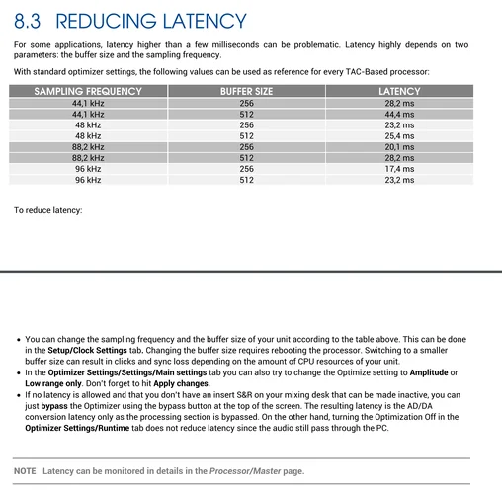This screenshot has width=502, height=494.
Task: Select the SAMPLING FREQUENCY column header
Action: [x=88, y=91]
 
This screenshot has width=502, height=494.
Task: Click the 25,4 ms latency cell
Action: [x=399, y=136]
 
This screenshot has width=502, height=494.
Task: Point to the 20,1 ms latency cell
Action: [x=399, y=147]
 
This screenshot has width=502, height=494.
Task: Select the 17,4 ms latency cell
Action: [x=399, y=169]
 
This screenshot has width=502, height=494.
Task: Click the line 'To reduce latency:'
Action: [x=47, y=210]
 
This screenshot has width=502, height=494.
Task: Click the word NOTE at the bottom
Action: [x=26, y=471]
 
